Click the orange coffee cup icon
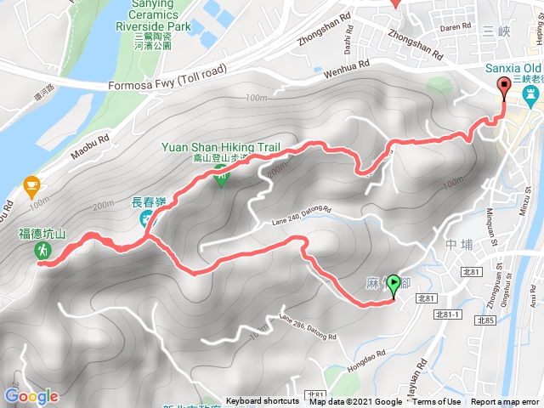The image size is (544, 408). coord(31,184)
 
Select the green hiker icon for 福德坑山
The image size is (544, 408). coord(42,251)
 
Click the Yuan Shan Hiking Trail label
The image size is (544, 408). coord(221,147)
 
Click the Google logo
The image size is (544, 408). coord(31,396)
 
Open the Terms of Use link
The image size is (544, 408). coord(437,402)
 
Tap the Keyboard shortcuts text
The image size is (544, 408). coord(262,402)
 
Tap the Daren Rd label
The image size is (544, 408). coord(456,27)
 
